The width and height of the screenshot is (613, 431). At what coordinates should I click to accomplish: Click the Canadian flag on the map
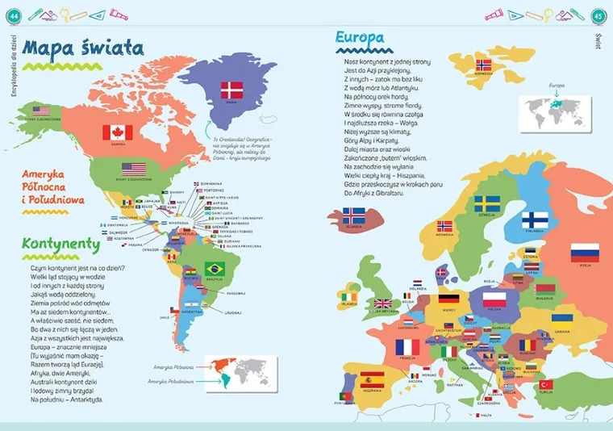[x=117, y=132]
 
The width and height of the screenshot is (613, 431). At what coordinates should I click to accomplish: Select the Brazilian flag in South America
[x=214, y=268]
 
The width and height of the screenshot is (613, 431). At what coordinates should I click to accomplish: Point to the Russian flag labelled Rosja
[x=583, y=254]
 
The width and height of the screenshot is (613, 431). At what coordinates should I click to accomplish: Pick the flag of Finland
[x=535, y=220]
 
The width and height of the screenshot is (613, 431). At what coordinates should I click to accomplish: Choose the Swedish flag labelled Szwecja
[x=486, y=204]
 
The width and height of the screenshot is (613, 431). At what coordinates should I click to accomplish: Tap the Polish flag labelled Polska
[x=493, y=300]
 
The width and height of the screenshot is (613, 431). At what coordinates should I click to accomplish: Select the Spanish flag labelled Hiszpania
[x=372, y=377]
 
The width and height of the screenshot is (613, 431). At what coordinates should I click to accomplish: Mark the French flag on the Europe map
[x=408, y=347]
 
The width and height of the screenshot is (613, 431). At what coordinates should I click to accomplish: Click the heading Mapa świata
[x=83, y=48]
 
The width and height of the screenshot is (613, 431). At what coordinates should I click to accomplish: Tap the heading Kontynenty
[x=60, y=243]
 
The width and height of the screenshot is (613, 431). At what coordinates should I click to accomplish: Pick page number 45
[x=598, y=14]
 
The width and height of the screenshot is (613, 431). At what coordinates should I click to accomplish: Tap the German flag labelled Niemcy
[x=449, y=299]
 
